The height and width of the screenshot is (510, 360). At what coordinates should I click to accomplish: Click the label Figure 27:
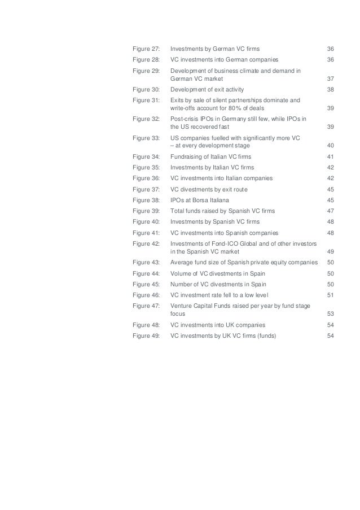tap(144, 49)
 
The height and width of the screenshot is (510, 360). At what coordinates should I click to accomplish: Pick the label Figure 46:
tap(144, 295)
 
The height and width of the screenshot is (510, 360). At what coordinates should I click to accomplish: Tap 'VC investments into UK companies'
tap(218, 325)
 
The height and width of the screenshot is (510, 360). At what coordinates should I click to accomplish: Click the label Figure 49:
tap(144, 335)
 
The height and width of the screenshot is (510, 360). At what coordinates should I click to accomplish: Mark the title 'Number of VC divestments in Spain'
tap(218, 284)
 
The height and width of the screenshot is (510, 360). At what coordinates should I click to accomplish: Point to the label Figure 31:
tap(144, 100)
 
